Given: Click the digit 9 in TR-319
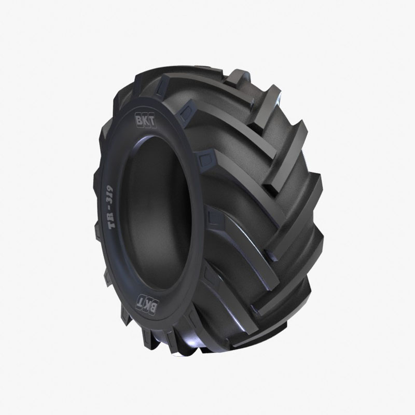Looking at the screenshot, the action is [110, 188].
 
